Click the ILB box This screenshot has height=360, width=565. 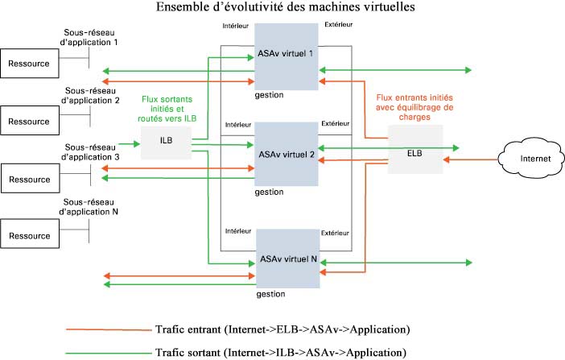(x=166, y=143)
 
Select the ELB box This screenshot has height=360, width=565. (x=415, y=149)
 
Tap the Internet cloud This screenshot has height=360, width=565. (x=531, y=159)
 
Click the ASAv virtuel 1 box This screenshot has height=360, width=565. (x=287, y=56)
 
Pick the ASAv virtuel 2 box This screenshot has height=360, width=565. (x=287, y=154)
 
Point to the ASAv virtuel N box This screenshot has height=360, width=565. (x=288, y=259)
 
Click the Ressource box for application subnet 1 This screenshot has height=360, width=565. (x=30, y=64)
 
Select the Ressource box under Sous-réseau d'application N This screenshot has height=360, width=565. (x=30, y=234)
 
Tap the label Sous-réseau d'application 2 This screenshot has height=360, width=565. (x=90, y=96)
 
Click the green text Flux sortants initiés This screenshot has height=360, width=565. (x=167, y=104)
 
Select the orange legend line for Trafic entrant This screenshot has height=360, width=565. (x=109, y=329)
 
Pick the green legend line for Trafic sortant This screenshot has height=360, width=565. (x=109, y=353)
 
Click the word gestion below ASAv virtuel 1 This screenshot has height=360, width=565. (x=269, y=95)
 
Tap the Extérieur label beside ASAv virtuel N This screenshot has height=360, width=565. (x=335, y=233)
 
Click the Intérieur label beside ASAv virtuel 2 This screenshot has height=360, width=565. (x=238, y=125)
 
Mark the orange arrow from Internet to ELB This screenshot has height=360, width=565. (x=471, y=159)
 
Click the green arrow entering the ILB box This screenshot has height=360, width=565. (x=130, y=144)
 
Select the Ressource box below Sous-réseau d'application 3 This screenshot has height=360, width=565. (x=31, y=178)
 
